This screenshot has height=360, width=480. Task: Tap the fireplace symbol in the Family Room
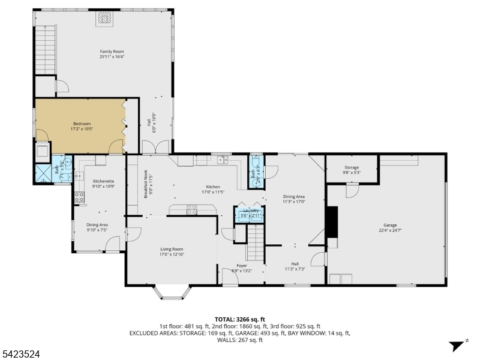tap(104, 19)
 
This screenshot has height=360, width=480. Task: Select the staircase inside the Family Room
tap(44, 50)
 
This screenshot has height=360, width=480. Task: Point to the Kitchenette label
tap(103, 181)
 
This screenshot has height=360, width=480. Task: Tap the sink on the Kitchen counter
tap(223, 160)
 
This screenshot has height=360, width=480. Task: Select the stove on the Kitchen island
tap(193, 209)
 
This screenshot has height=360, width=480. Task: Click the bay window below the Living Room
tap(173, 292)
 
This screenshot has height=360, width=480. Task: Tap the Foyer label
tap(241, 265)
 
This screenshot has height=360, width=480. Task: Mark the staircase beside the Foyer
tap(256, 244)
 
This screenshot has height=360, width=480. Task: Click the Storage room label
tap(351, 167)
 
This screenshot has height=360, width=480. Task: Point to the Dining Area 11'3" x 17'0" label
tap(294, 199)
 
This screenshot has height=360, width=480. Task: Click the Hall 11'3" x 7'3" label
tap(295, 266)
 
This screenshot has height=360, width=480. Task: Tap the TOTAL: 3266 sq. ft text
tap(240, 319)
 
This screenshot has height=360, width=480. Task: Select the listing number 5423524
tap(22, 355)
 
